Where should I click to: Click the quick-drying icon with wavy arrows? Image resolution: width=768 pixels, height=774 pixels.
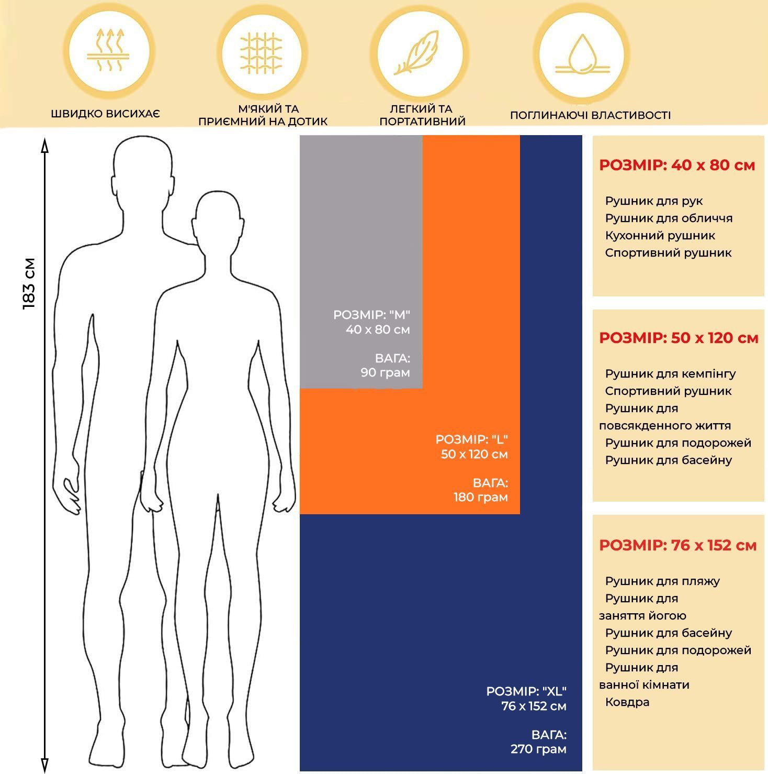(108, 51)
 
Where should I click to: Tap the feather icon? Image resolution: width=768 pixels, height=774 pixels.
(417, 53)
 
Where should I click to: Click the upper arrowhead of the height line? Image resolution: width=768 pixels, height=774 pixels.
(44, 145)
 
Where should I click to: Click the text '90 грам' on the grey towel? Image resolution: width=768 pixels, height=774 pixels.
(385, 373)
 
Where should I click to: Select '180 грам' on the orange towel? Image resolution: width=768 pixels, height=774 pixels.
(480, 497)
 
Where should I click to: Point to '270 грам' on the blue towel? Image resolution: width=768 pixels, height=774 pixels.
(538, 749)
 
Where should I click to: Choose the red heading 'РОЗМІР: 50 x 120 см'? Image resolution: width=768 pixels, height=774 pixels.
(679, 338)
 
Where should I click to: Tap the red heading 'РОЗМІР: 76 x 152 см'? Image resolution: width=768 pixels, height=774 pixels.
(678, 546)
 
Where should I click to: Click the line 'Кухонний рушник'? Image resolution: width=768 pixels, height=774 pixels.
(660, 236)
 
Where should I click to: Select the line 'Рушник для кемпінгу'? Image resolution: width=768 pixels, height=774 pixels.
(670, 374)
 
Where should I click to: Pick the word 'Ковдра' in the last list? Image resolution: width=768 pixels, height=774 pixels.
(627, 702)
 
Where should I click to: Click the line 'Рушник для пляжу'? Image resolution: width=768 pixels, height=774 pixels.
(662, 581)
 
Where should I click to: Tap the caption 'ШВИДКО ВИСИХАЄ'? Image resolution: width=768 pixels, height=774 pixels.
(105, 114)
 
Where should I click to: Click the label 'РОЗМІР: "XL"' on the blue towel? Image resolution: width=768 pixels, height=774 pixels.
(526, 691)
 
